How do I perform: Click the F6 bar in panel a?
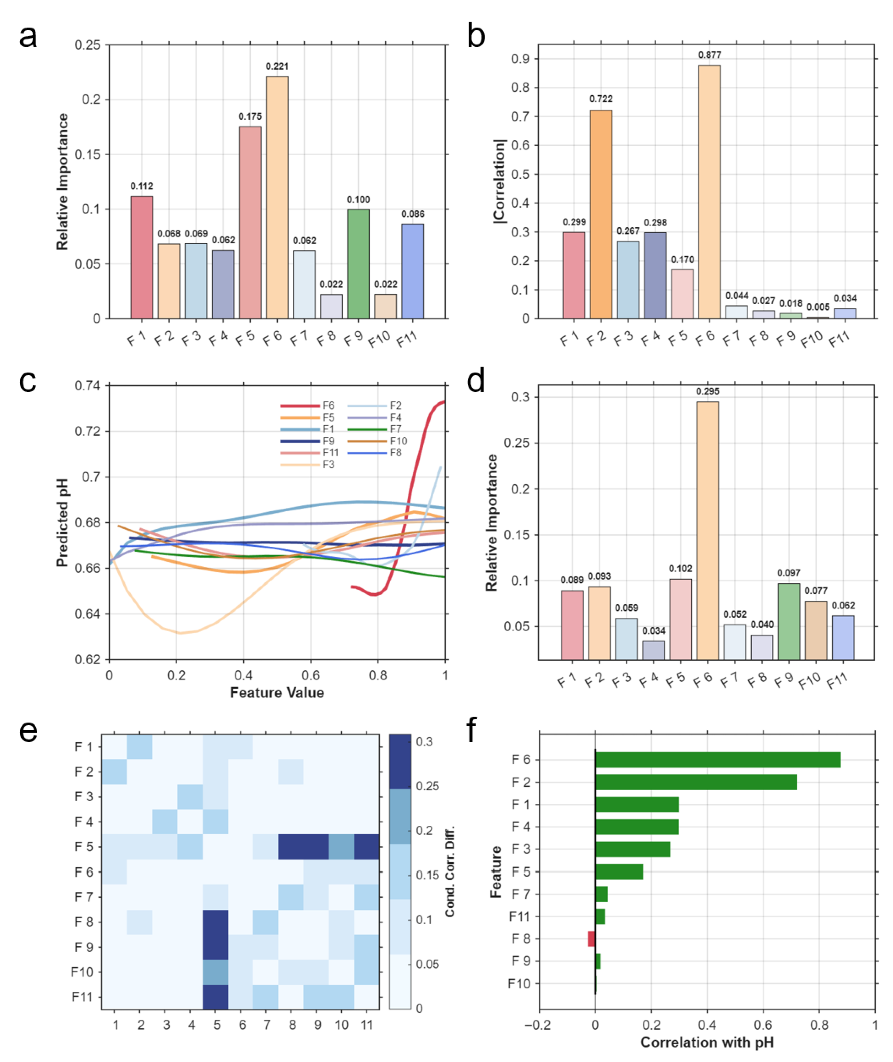coord(277,197)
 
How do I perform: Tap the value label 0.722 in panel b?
coord(601,99)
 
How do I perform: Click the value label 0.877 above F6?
coord(710,55)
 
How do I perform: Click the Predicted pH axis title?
coord(62,522)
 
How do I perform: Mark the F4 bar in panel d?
coord(654,651)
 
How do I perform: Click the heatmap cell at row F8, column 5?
coord(215,922)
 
